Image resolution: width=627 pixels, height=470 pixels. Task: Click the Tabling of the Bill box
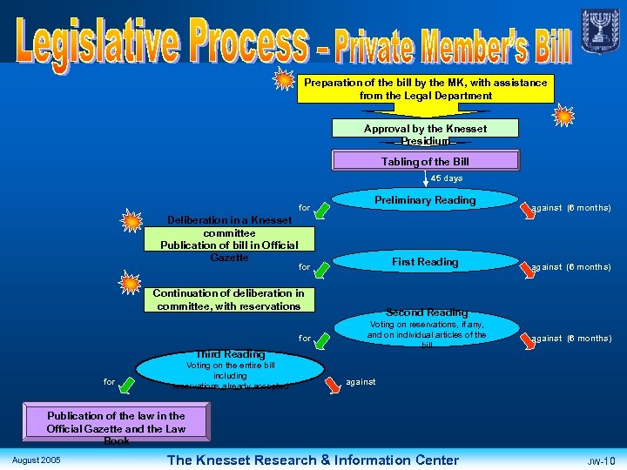pos(425,161)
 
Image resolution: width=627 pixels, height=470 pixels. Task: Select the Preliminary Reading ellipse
pos(425,201)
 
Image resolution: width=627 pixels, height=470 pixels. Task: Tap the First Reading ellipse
pos(425,262)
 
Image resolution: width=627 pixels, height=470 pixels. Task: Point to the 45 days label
pos(447,178)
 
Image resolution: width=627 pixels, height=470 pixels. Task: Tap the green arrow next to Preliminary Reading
pos(322,210)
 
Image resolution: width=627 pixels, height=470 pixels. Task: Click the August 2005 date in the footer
pos(37,459)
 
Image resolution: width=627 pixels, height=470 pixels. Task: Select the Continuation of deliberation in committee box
pos(228,299)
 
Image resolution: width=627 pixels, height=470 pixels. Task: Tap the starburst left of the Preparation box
pos(284,83)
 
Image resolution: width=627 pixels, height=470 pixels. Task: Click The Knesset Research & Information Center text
pos(313,460)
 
